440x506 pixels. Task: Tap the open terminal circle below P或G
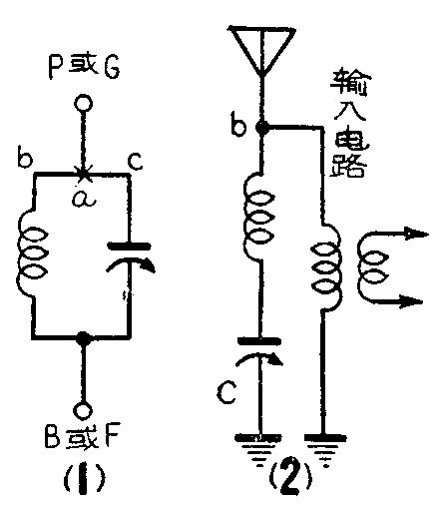tap(85, 103)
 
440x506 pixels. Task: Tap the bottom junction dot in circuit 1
tap(85, 338)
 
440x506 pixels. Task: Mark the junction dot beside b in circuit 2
tap(261, 128)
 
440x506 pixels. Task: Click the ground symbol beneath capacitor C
tap(260, 441)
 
